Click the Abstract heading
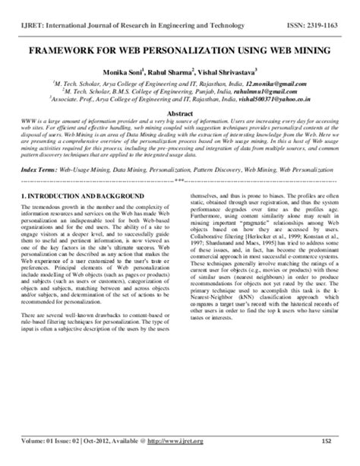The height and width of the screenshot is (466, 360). [x=180, y=111]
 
